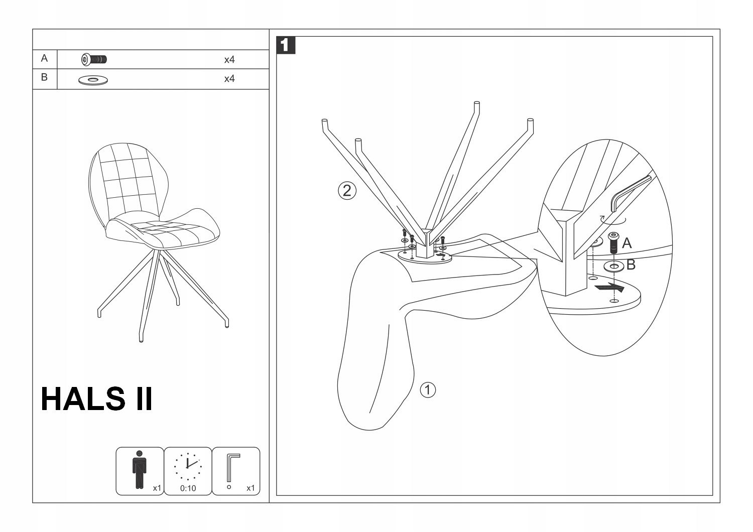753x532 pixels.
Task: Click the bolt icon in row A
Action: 94,60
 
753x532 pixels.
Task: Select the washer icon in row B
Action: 93,79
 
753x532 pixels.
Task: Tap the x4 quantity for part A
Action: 229,60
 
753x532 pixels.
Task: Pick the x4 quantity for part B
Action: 229,79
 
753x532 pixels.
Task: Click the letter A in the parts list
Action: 44,58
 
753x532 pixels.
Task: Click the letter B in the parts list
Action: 44,77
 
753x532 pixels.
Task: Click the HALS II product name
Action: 96,399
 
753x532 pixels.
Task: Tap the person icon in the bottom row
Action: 139,469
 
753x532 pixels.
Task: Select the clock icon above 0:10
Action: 188,466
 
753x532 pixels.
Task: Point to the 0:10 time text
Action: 188,488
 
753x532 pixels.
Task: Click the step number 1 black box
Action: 286,45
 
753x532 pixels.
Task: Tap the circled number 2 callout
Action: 347,191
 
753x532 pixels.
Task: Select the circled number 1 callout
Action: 427,389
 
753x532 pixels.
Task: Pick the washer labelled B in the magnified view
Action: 614,266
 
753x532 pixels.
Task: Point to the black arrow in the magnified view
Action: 609,288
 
